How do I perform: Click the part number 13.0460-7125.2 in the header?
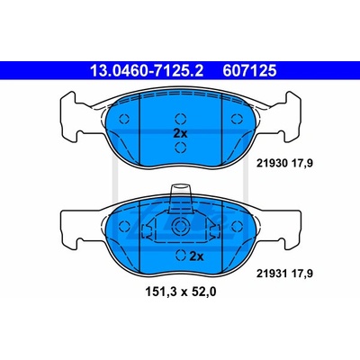pyautogui.click(x=147, y=71)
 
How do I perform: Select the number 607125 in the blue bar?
pyautogui.click(x=249, y=71)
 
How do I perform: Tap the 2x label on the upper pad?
pyautogui.click(x=180, y=133)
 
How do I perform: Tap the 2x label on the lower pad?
pyautogui.click(x=196, y=256)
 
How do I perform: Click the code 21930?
pyautogui.click(x=270, y=164)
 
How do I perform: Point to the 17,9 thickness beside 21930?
pyautogui.click(x=296, y=164)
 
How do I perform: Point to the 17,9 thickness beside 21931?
pyautogui.click(x=296, y=274)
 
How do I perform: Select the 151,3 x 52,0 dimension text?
pyautogui.click(x=180, y=292)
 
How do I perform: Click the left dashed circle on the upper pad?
pyautogui.click(x=124, y=119)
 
